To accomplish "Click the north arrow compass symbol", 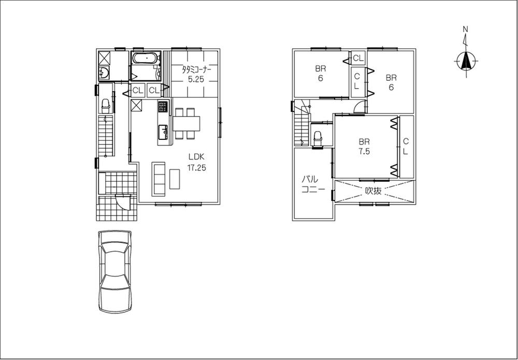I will tap(466, 61).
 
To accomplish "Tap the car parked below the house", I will tap(114, 271).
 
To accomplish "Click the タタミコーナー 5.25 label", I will tap(195, 74).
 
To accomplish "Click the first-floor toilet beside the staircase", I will tap(106, 106).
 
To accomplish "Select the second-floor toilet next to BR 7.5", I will tap(318, 138).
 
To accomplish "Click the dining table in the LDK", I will tap(186, 124).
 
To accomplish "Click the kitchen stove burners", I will tap(163, 107).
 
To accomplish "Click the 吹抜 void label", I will tap(373, 191).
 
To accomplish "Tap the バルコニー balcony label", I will tap(313, 184).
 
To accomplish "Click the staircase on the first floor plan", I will tap(106, 136).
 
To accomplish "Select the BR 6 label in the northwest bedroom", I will tap(320, 73).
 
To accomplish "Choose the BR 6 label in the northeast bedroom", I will tap(391, 82).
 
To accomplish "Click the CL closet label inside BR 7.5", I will tap(406, 146).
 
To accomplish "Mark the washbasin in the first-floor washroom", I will tap(104, 73).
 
